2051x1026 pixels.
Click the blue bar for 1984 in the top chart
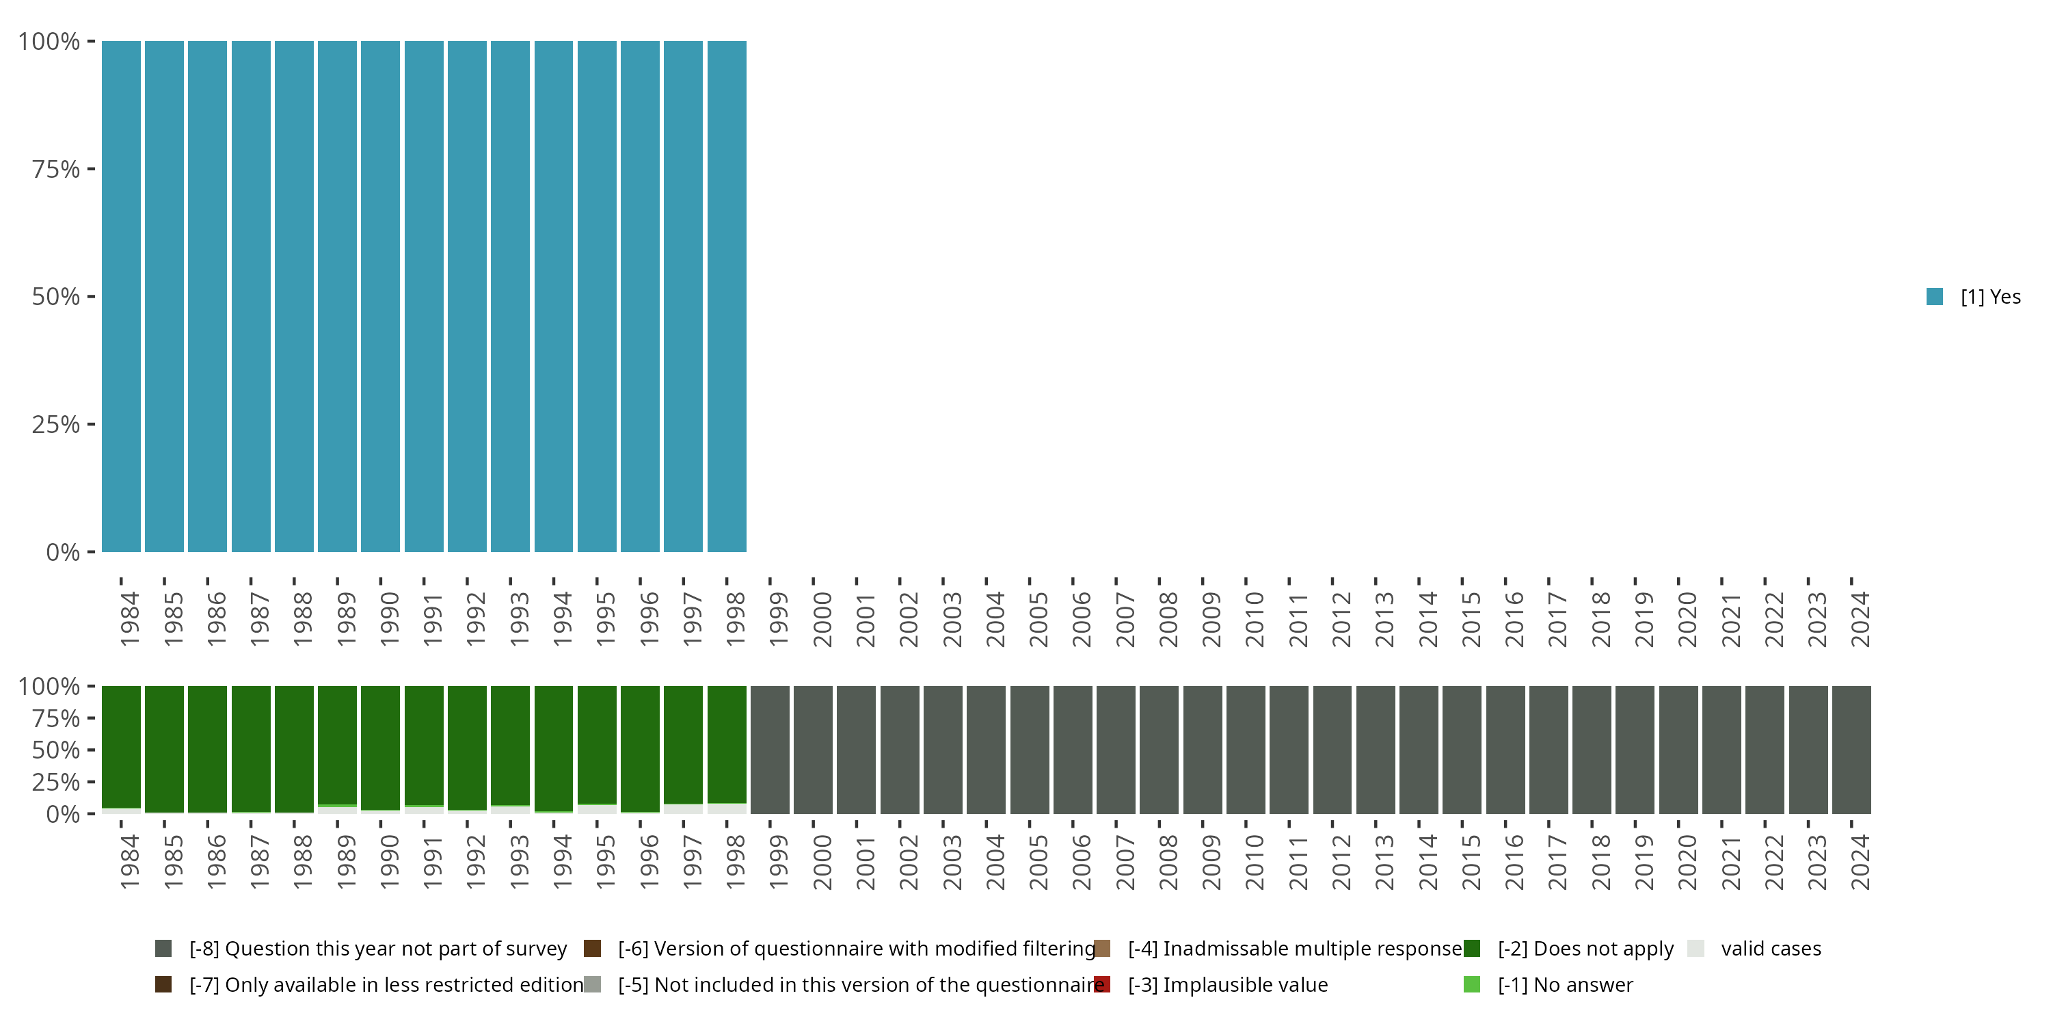click(x=121, y=296)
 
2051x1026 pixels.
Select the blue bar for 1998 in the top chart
click(x=726, y=296)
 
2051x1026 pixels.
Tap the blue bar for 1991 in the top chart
click(x=424, y=296)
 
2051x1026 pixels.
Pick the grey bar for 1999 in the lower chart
click(x=770, y=750)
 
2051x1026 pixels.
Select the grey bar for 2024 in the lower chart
click(x=1851, y=750)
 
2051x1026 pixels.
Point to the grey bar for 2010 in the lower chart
click(x=1245, y=750)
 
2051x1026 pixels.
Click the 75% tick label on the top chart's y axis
click(x=56, y=169)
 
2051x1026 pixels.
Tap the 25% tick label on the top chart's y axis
click(x=56, y=424)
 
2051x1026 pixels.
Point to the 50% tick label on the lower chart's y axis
click(x=56, y=750)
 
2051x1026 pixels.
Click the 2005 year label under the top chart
click(x=1038, y=619)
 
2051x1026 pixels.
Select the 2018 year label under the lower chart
click(x=1600, y=862)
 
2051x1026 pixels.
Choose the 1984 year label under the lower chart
click(x=129, y=862)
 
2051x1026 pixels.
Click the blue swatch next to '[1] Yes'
click(x=1934, y=296)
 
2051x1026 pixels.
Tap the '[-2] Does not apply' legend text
click(x=1585, y=948)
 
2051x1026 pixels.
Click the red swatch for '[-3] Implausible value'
click(x=1102, y=984)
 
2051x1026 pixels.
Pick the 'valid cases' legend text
click(x=1771, y=948)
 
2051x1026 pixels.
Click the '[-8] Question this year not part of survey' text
click(x=377, y=948)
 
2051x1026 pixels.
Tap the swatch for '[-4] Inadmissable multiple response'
click(x=1102, y=948)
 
